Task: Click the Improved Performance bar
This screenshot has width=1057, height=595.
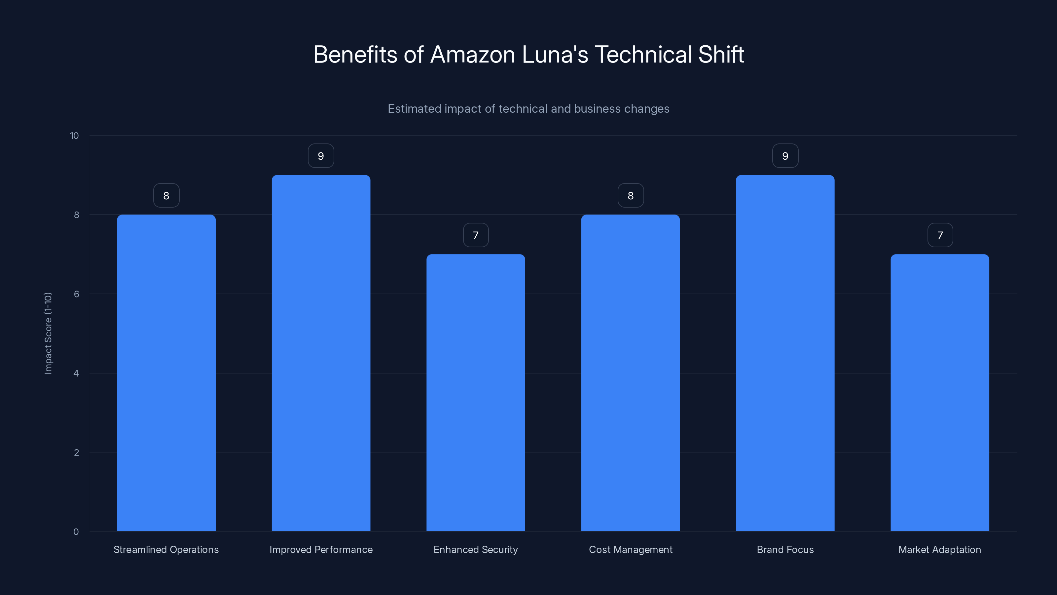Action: pyautogui.click(x=321, y=353)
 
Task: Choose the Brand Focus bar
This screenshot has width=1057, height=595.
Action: pyautogui.click(x=785, y=353)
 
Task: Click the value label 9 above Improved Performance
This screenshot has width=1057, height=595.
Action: pyautogui.click(x=321, y=156)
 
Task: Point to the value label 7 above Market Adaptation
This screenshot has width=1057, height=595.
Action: pyautogui.click(x=940, y=235)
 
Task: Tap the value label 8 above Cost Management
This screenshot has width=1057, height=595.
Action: pyautogui.click(x=631, y=196)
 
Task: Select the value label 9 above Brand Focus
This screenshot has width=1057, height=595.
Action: pyautogui.click(x=785, y=156)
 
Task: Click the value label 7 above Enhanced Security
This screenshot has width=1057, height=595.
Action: pyautogui.click(x=476, y=235)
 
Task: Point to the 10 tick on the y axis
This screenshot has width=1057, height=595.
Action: pyautogui.click(x=74, y=136)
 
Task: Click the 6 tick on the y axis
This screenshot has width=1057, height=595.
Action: pyautogui.click(x=76, y=294)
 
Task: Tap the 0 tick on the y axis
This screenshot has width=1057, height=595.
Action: pyautogui.click(x=76, y=532)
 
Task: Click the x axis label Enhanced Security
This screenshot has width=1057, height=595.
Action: pyautogui.click(x=476, y=549)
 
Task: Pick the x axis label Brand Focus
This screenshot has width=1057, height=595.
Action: pyautogui.click(x=785, y=549)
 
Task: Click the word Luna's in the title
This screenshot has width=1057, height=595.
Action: pyautogui.click(x=555, y=55)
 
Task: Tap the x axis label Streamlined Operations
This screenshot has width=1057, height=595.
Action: pyautogui.click(x=166, y=549)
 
